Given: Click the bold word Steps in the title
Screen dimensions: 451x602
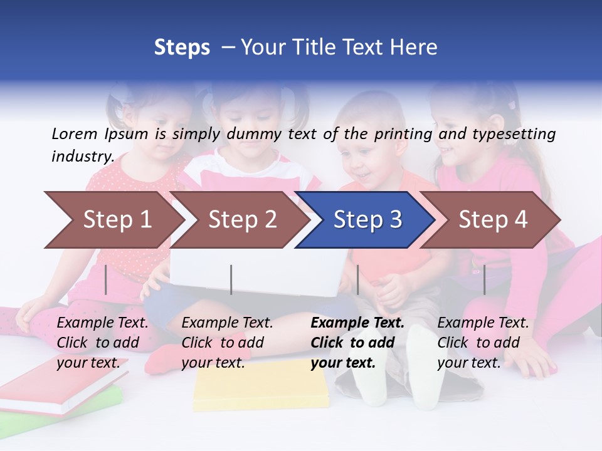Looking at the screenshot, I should pyautogui.click(x=182, y=48).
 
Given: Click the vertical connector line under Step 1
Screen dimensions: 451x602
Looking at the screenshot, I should pyautogui.click(x=106, y=279).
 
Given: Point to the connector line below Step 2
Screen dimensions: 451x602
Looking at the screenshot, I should pyautogui.click(x=231, y=279).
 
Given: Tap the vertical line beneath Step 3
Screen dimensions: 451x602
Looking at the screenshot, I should pyautogui.click(x=357, y=279).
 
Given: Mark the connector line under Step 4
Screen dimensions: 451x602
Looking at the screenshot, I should pyautogui.click(x=484, y=279).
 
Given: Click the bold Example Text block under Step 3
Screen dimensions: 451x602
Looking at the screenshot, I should pyautogui.click(x=357, y=343).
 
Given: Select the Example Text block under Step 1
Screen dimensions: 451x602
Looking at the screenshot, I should pyautogui.click(x=102, y=343).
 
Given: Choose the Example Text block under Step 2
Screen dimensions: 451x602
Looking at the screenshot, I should pyautogui.click(x=227, y=343).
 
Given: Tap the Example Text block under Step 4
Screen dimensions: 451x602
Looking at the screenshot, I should pyautogui.click(x=483, y=343).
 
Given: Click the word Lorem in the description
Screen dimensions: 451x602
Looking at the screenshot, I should pyautogui.click(x=74, y=133).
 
